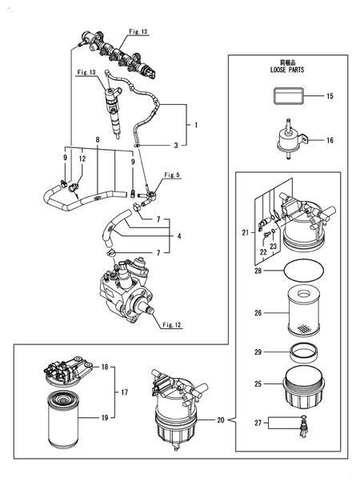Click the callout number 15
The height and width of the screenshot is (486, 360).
pyautogui.click(x=329, y=97)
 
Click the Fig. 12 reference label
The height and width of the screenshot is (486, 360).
pyautogui.click(x=172, y=324)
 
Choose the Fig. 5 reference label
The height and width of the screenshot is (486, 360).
pyautogui.click(x=172, y=175)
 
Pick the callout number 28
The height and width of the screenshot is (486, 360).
pyautogui.click(x=258, y=271)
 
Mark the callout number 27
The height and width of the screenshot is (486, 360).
pyautogui.click(x=258, y=422)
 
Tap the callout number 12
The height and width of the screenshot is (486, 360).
pyautogui.click(x=83, y=159)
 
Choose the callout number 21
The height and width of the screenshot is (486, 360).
pyautogui.click(x=245, y=232)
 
